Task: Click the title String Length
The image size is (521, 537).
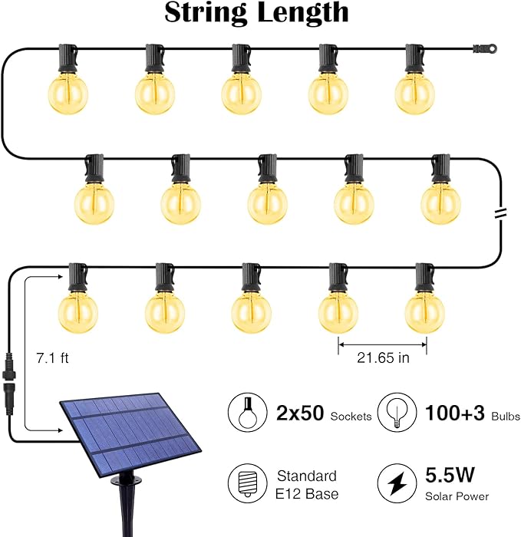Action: (x=256, y=13)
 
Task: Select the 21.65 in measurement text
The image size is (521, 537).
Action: (x=382, y=357)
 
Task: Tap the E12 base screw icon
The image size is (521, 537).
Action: (x=247, y=483)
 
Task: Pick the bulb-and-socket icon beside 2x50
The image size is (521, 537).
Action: (x=247, y=414)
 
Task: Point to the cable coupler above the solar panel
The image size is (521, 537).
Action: (x=11, y=371)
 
